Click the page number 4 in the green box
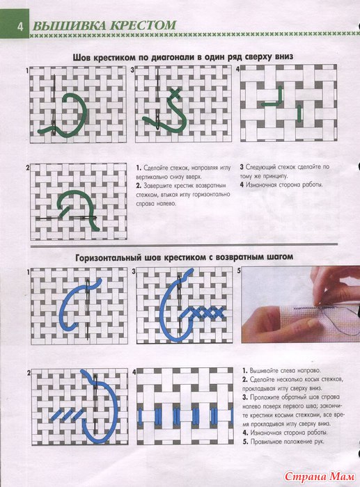click(20, 27)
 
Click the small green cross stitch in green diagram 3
click(175, 93)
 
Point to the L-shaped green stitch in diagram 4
click(274, 97)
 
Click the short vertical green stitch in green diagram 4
click(299, 113)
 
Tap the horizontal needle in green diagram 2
click(66, 218)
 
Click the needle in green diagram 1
click(54, 104)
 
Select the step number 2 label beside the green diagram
click(28, 168)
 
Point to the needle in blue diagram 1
click(88, 310)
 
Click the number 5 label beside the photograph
click(239, 271)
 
